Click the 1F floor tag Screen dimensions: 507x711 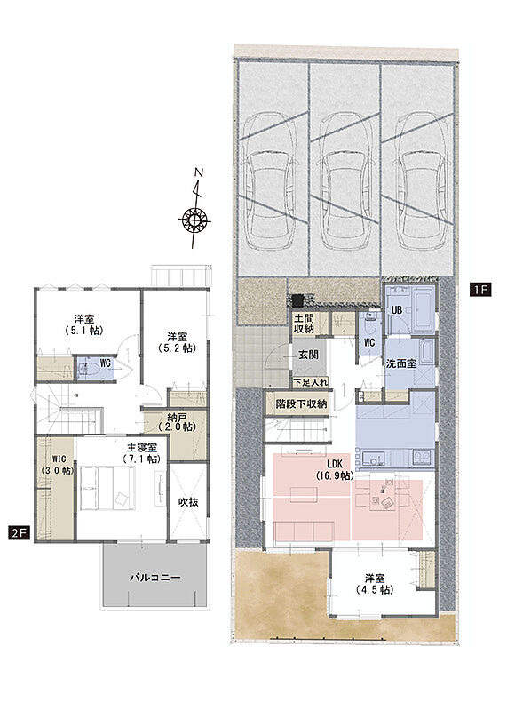[x=480, y=290]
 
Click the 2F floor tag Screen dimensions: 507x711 [x=19, y=532]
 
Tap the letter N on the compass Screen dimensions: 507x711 [x=199, y=172]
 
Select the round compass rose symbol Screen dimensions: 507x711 [x=194, y=220]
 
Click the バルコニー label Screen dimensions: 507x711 [x=155, y=577]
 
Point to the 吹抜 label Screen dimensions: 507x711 [x=188, y=502]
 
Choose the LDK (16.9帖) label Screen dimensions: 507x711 [x=335, y=470]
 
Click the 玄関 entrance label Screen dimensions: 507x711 [x=308, y=355]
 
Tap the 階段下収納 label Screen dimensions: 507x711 [x=301, y=403]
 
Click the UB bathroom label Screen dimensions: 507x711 [x=397, y=310]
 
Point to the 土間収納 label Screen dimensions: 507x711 [x=304, y=324]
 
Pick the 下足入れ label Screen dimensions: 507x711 [x=311, y=382]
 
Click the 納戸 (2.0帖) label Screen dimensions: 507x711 [x=177, y=421]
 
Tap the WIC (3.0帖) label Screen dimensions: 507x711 [x=58, y=464]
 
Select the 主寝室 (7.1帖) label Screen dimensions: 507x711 [x=142, y=453]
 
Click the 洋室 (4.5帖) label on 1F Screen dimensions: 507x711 [x=375, y=584]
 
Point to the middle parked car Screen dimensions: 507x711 [x=345, y=181]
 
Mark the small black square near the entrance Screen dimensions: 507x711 [x=297, y=300]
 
